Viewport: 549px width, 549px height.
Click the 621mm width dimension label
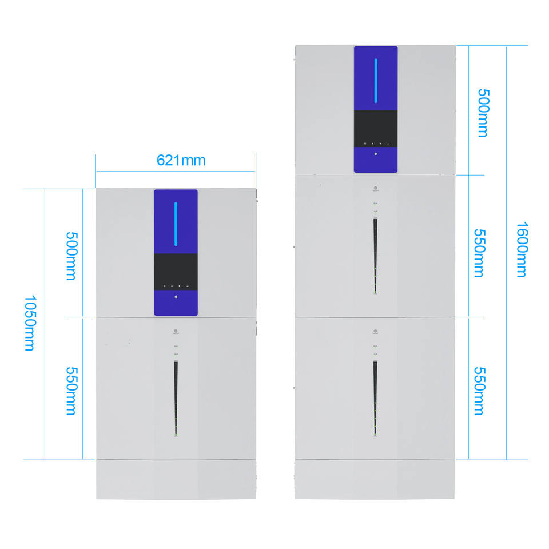point(181,160)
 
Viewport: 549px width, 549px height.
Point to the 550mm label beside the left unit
point(71,391)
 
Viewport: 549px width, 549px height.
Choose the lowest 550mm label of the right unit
point(479,391)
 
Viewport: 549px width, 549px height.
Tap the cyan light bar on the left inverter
point(176,224)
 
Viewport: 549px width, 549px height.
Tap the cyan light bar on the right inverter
point(376,80)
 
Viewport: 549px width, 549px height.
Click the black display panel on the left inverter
point(176,272)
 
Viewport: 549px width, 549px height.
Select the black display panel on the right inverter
point(376,128)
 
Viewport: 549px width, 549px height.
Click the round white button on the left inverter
point(176,297)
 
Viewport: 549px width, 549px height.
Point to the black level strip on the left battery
point(176,398)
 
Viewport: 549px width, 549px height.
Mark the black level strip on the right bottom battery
point(375,397)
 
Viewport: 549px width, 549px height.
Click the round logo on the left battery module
point(176,331)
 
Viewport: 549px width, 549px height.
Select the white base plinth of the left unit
point(176,479)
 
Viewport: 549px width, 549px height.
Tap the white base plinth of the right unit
point(375,479)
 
